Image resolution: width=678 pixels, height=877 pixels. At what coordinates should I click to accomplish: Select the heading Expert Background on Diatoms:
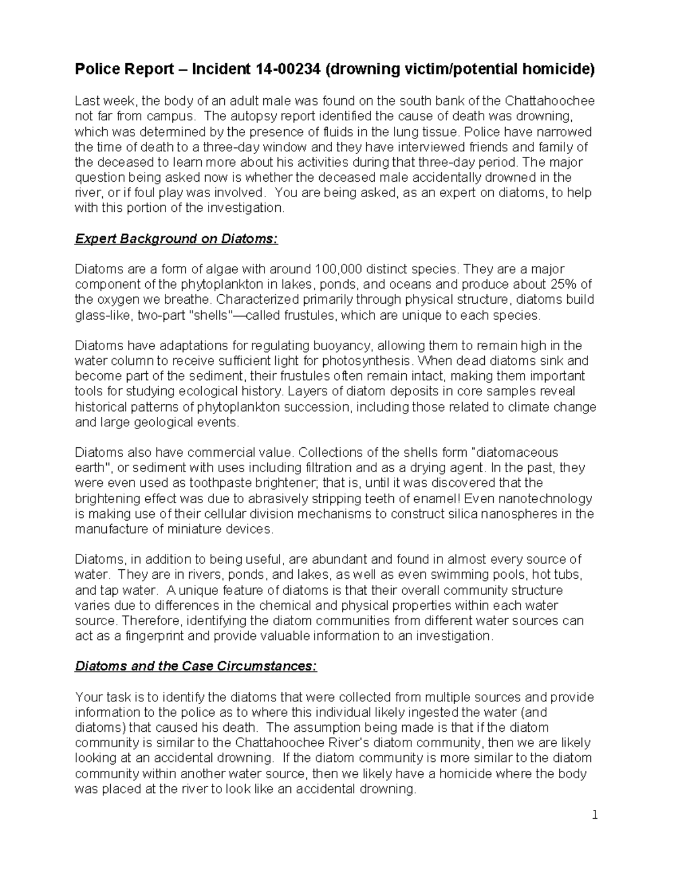pos(176,239)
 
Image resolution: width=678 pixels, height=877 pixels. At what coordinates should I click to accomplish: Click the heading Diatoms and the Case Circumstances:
pos(196,666)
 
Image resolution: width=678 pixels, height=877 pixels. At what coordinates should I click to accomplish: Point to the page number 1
pos(594,815)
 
